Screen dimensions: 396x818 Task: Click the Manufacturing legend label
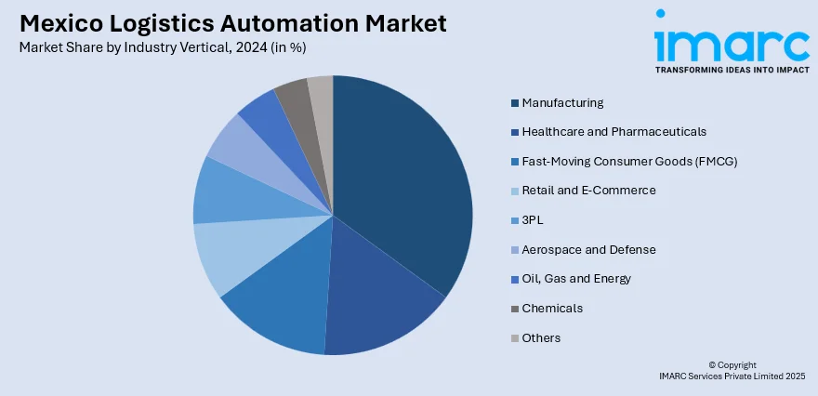point(562,102)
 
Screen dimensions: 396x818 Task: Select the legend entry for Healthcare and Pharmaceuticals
point(613,132)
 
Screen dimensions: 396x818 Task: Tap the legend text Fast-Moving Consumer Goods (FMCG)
point(629,161)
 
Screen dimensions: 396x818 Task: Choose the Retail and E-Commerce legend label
point(588,191)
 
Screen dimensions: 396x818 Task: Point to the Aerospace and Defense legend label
point(588,249)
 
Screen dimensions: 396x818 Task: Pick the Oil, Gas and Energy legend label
point(576,279)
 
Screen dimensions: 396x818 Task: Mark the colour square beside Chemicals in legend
point(514,309)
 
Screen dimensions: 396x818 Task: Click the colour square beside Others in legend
point(514,338)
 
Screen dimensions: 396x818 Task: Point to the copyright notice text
point(732,370)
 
